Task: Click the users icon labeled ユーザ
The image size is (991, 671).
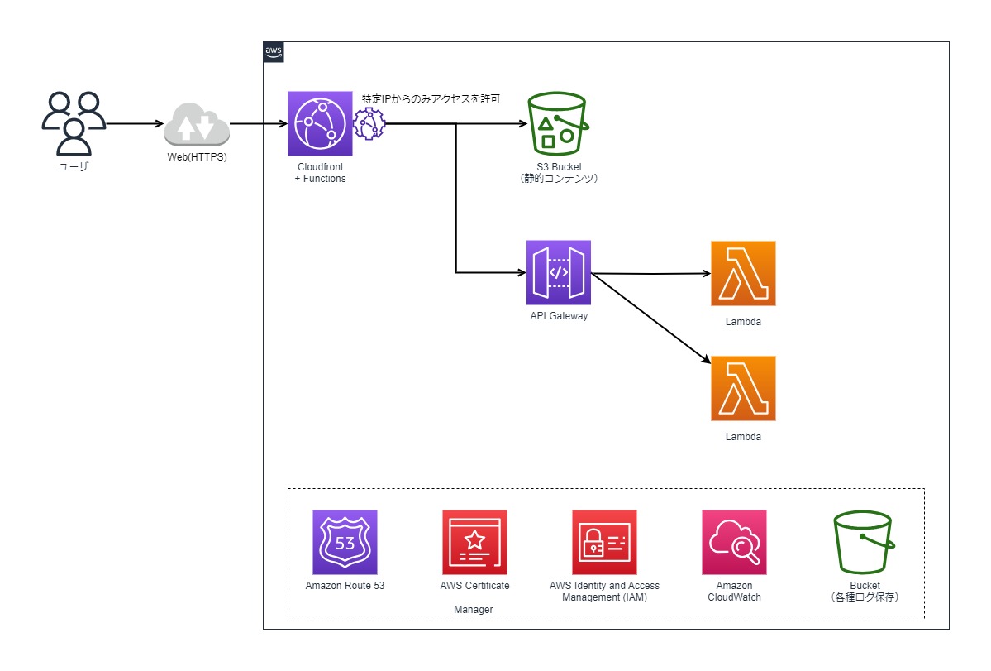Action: (74, 123)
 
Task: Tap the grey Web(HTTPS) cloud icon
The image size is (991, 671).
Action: (196, 124)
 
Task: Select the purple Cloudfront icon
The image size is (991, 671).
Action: (320, 123)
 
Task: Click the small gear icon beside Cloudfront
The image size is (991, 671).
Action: (369, 124)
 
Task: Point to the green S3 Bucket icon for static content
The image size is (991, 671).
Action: (559, 123)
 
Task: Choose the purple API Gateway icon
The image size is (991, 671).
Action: (559, 273)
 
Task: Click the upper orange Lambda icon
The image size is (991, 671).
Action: (743, 273)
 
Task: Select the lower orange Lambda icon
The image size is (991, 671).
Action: (743, 388)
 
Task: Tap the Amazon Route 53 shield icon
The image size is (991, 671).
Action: (345, 542)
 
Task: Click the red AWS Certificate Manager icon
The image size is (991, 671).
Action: (474, 542)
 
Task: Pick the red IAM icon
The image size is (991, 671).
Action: (604, 542)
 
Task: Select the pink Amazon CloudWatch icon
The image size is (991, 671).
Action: (734, 542)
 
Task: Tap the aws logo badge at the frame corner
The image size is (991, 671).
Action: (274, 51)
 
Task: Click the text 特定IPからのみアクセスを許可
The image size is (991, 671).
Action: (430, 99)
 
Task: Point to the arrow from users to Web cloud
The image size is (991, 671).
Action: (135, 124)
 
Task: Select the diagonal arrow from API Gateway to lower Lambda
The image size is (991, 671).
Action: (650, 318)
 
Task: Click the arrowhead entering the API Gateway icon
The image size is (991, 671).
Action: (521, 272)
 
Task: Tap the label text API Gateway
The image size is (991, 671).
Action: (559, 315)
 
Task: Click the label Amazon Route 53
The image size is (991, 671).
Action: (345, 586)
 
